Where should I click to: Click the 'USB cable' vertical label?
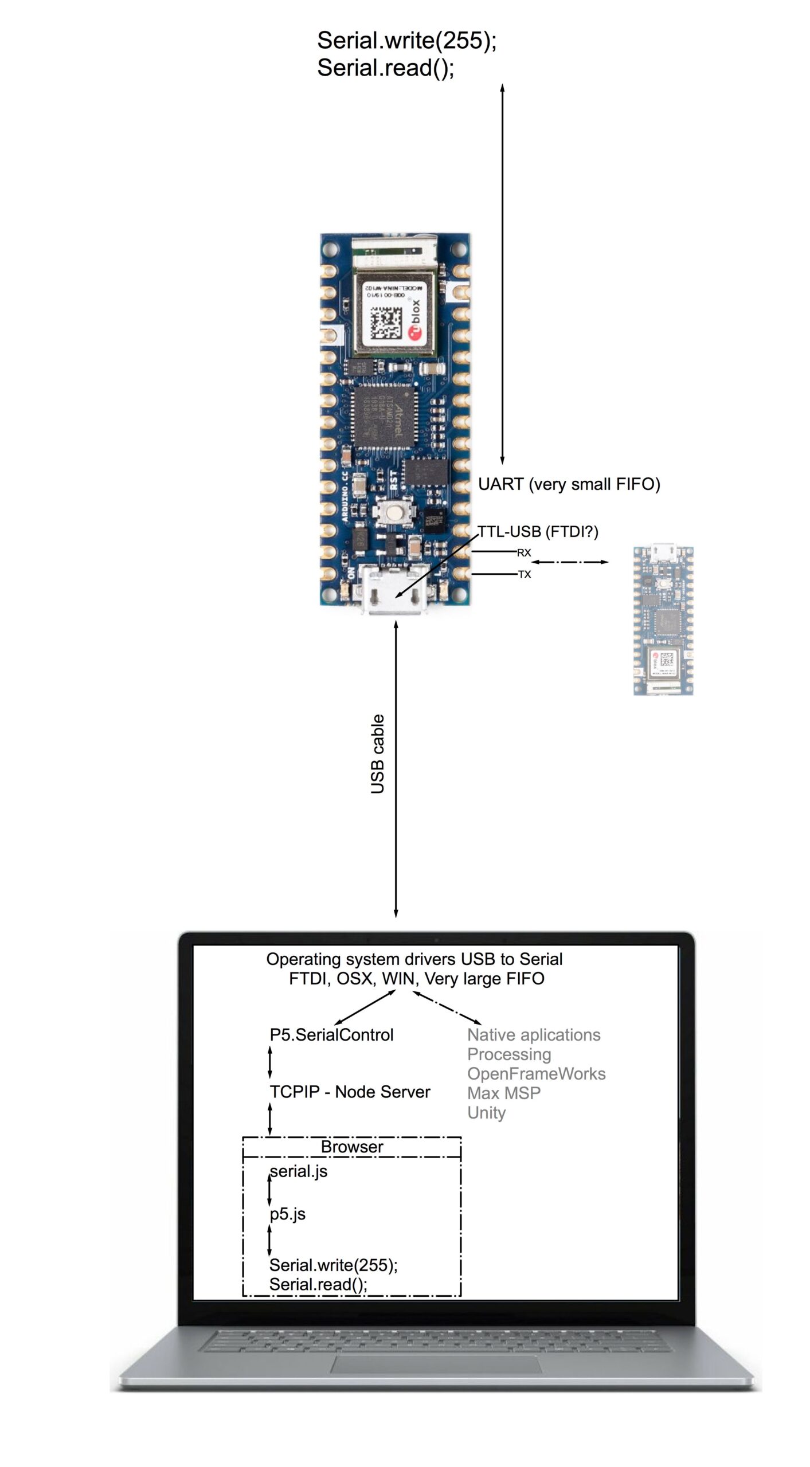377,754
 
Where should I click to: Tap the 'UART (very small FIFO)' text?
569,484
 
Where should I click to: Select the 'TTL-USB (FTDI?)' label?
538,532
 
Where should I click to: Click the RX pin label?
524,553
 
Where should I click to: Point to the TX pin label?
525,574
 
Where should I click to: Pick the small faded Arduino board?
663,620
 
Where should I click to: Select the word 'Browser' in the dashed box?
352,1147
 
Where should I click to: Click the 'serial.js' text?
299,1171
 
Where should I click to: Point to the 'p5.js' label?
288,1214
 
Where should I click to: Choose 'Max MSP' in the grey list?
504,1093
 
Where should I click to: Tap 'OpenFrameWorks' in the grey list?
536,1074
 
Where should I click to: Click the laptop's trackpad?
436,1364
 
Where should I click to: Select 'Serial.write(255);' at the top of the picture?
406,40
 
